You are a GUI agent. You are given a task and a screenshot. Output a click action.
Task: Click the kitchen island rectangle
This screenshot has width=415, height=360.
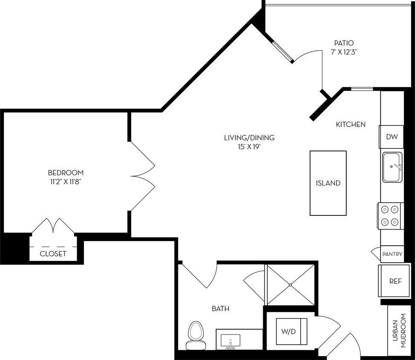click(328, 183)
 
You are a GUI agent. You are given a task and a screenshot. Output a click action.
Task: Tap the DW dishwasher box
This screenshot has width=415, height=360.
click(392, 137)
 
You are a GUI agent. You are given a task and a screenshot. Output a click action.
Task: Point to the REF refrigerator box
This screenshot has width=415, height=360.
click(395, 281)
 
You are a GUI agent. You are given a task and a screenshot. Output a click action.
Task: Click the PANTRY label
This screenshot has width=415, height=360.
click(392, 254)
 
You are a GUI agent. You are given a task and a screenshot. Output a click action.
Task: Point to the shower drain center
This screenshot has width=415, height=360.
click(290, 285)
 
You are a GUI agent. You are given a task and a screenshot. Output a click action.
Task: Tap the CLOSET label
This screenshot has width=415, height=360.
click(53, 254)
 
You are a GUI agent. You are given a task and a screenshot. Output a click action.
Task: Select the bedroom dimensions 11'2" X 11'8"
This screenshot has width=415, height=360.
click(66, 181)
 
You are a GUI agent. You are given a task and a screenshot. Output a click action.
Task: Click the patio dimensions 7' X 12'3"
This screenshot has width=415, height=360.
click(344, 52)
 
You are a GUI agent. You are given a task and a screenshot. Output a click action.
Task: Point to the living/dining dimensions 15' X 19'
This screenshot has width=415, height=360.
click(249, 146)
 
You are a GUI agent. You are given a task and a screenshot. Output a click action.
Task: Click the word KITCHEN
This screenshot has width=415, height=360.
click(351, 125)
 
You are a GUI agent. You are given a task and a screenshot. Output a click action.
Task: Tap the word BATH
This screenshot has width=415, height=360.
click(221, 308)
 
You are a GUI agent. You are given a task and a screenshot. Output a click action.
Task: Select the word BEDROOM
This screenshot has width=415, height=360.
click(66, 173)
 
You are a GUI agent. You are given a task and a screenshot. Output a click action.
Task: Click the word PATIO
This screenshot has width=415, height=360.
click(344, 43)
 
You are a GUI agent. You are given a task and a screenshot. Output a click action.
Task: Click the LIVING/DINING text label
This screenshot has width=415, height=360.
click(249, 138)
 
